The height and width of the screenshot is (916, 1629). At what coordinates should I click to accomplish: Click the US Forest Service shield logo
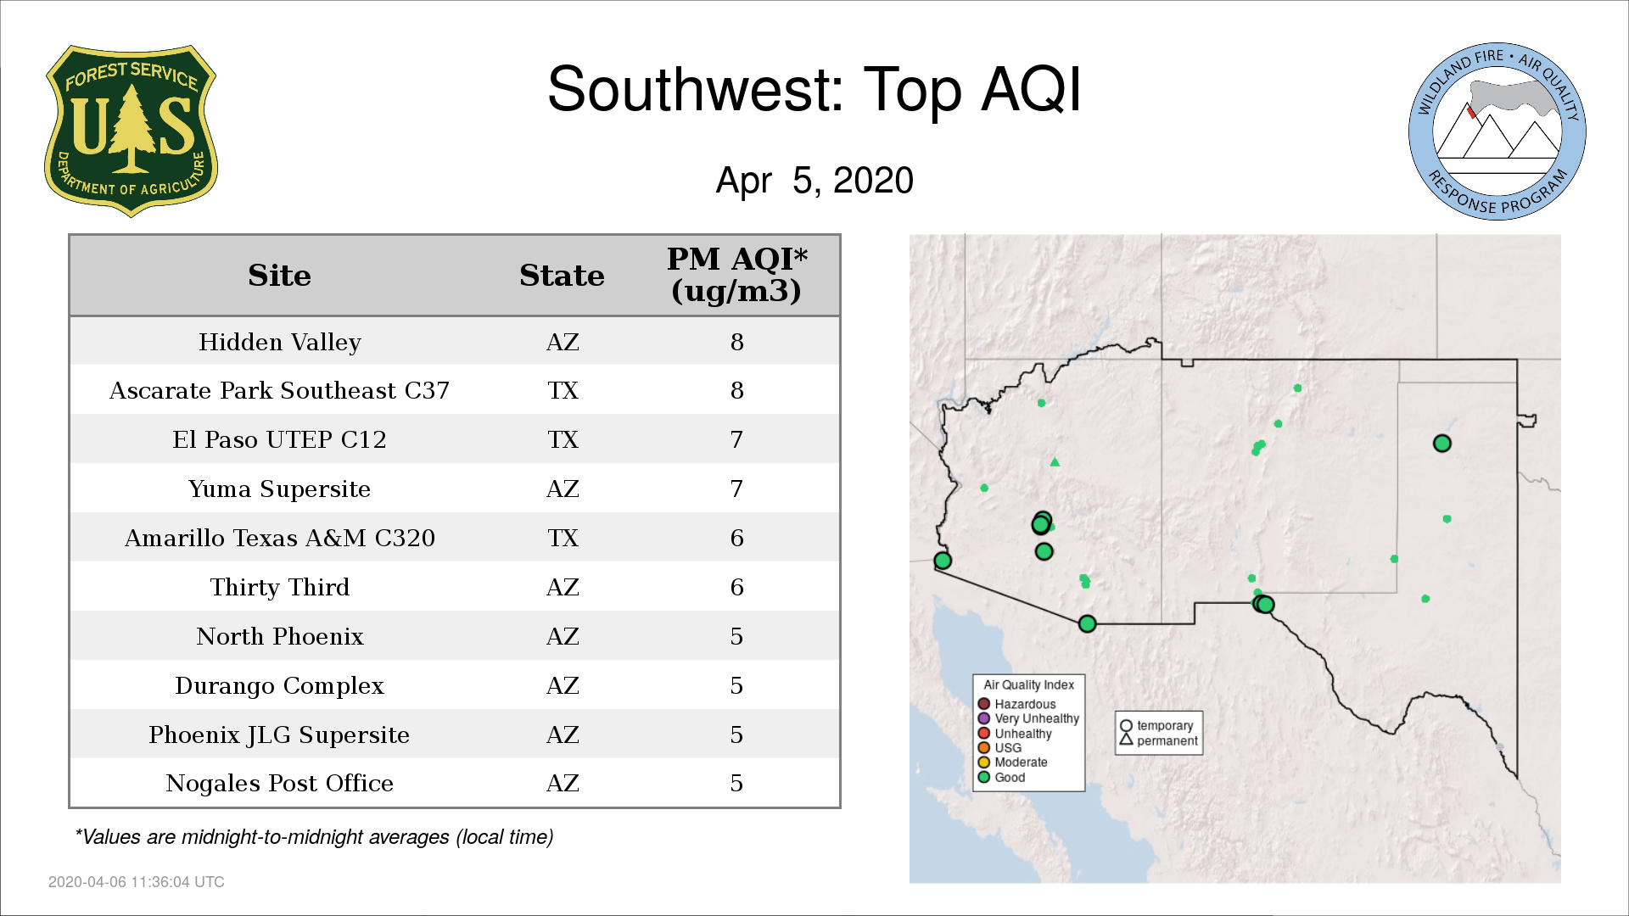coord(131,131)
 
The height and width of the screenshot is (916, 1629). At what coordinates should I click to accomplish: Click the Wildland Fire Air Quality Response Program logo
coord(1497,131)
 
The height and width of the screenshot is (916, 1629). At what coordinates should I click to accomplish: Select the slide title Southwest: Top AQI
coord(814,89)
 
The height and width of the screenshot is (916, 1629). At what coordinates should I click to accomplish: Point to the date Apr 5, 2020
coord(814,181)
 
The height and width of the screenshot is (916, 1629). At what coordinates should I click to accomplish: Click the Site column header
coord(279,276)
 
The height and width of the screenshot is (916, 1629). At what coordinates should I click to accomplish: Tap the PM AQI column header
coord(736,275)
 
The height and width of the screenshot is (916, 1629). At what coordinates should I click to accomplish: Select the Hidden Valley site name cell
coord(279,342)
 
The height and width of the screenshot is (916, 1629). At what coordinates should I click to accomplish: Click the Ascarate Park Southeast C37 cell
coord(279,390)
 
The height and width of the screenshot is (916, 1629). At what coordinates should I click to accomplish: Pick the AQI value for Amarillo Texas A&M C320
coord(736,538)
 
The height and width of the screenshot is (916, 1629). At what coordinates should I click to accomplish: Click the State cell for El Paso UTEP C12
coord(563,439)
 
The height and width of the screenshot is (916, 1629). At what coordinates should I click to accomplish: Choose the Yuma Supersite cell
coord(279,489)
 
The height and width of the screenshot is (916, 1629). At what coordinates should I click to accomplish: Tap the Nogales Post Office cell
coord(279,783)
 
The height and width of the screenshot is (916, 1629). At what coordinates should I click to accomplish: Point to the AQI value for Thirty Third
coord(736,587)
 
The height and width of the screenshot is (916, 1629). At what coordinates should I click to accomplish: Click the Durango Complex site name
coord(279,685)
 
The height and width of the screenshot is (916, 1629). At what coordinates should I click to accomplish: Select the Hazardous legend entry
coord(1017,704)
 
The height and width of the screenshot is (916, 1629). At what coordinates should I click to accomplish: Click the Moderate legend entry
coord(1013,762)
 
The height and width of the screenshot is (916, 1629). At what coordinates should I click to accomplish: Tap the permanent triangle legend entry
coord(1159,740)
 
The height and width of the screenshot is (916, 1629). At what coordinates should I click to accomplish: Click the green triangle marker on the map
coord(1055,462)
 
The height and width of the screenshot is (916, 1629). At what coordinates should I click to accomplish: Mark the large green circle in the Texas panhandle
coord(1442,444)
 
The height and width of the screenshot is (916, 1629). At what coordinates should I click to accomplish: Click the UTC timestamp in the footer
coord(137,882)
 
